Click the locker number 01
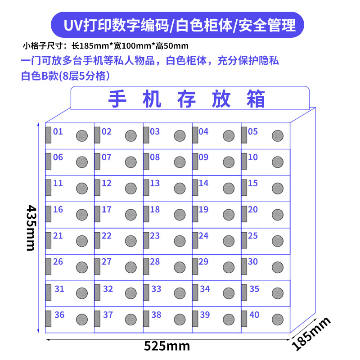tap(58, 132)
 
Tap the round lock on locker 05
tap(278, 135)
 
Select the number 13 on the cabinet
tap(155, 183)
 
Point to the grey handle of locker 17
tap(97, 213)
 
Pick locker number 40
tap(254, 315)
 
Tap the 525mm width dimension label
tap(167, 346)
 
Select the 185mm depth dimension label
tap(311, 333)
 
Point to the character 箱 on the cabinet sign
tap(256, 99)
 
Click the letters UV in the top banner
tap(73, 25)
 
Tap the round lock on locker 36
tap(81, 319)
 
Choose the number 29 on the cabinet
tap(203, 261)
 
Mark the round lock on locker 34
tap(229, 293)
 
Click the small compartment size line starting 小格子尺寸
tap(105, 45)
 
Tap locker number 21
tap(58, 235)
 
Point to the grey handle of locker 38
tap(146, 318)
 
